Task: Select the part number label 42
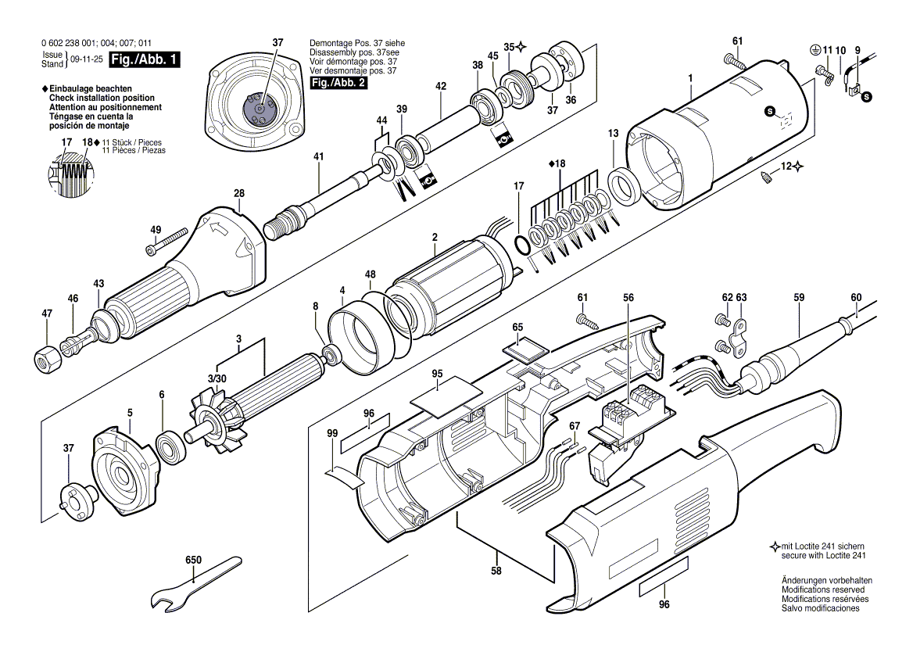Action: tap(441, 87)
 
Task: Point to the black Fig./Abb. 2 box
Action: tap(338, 82)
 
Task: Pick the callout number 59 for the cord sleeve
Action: tap(798, 297)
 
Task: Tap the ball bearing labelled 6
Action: tap(170, 446)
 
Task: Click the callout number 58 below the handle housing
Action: tap(496, 571)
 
